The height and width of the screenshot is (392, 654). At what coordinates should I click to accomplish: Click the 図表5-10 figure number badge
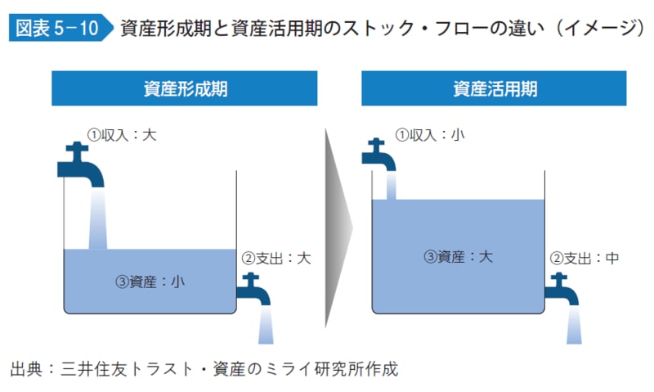55,29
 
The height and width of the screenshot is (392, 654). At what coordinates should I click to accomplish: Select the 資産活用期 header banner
495,88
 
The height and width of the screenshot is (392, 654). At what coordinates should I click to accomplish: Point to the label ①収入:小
430,133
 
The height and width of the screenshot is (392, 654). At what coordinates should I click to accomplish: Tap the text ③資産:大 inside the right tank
459,257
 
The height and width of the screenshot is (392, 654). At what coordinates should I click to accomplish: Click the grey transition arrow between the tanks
337,227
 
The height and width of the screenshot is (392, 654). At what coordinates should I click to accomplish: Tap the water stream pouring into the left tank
98,217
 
